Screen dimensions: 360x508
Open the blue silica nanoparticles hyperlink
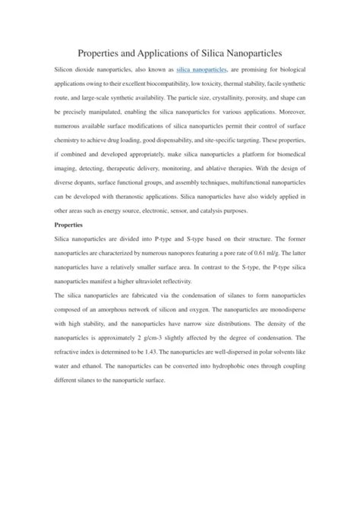pos(201,69)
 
